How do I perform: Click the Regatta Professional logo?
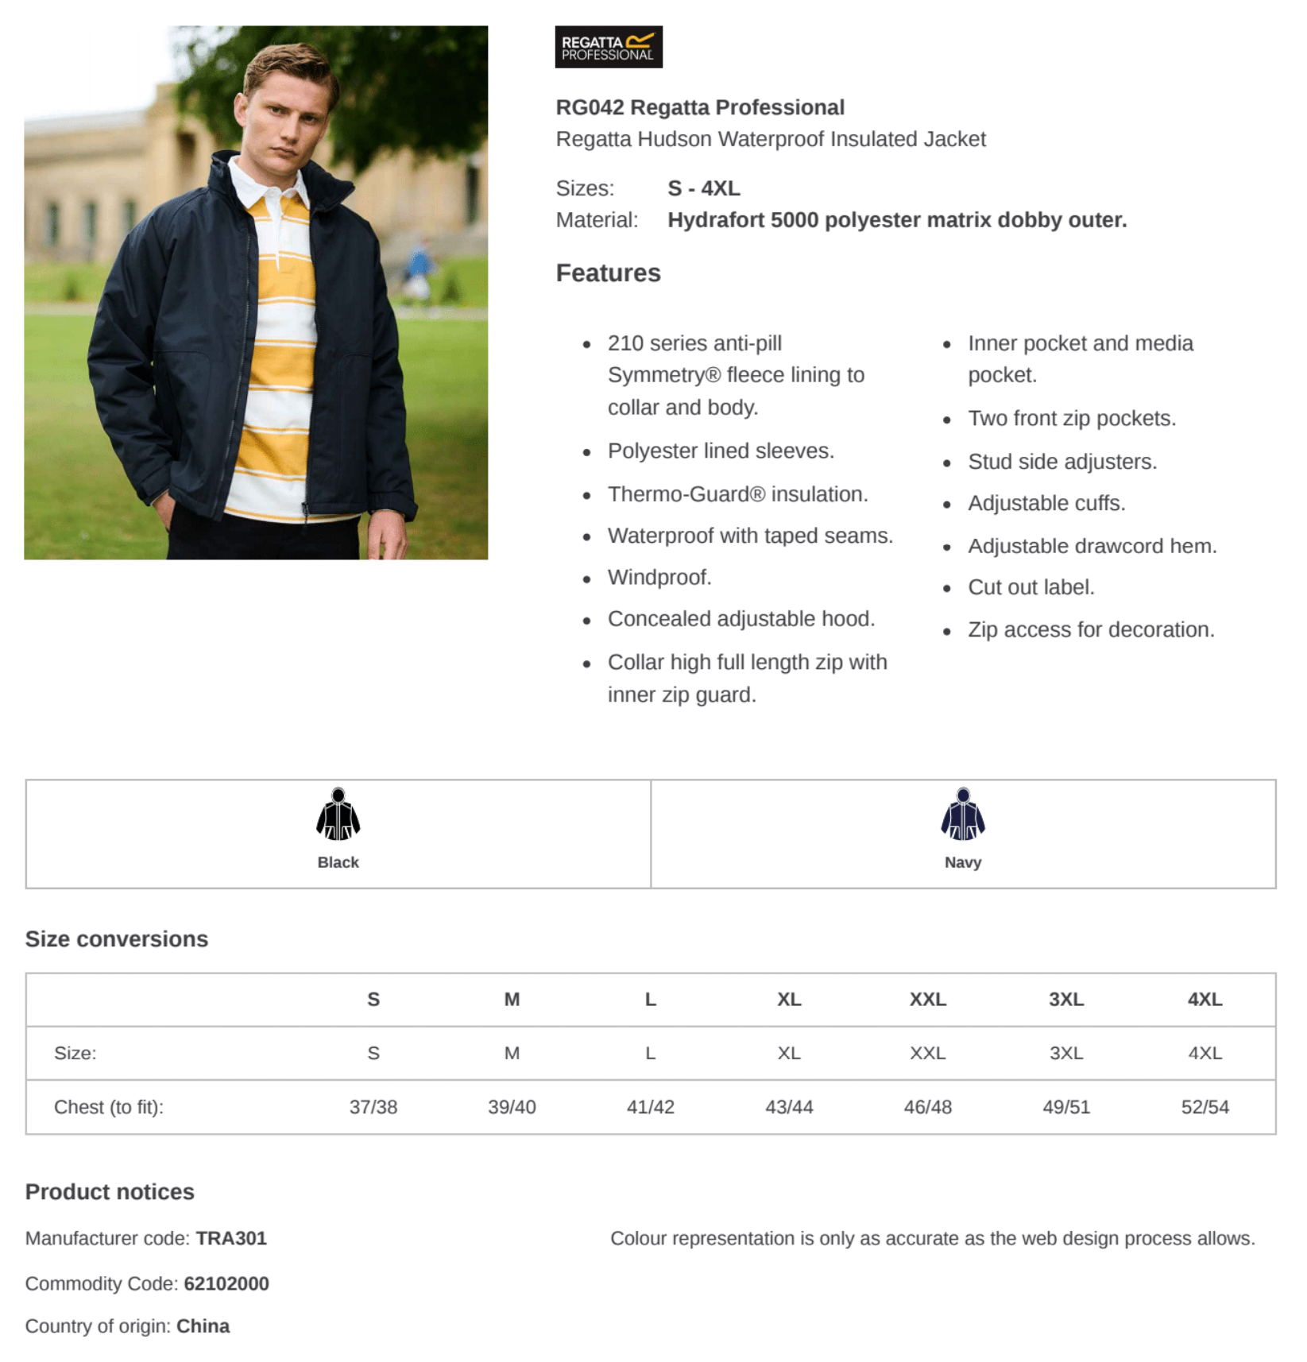click(x=608, y=47)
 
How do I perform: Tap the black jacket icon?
click(x=338, y=814)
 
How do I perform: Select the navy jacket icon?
click(x=962, y=814)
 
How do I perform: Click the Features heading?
click(x=608, y=273)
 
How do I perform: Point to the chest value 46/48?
click(x=927, y=1107)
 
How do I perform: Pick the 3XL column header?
click(x=1065, y=999)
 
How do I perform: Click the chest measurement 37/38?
click(x=373, y=1107)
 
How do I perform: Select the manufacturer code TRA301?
click(x=231, y=1238)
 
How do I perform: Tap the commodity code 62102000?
click(x=226, y=1283)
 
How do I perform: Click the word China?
click(x=203, y=1326)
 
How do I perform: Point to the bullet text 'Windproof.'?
click(x=659, y=577)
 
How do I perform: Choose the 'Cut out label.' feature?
click(x=1031, y=587)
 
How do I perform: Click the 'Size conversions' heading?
click(x=117, y=938)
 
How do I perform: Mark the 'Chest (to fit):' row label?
click(x=109, y=1107)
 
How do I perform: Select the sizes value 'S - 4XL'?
click(x=703, y=188)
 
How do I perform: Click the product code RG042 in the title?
click(x=590, y=107)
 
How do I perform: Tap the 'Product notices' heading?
click(x=110, y=1191)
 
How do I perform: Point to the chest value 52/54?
click(x=1205, y=1107)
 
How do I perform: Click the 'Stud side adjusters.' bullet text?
click(x=1061, y=462)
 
